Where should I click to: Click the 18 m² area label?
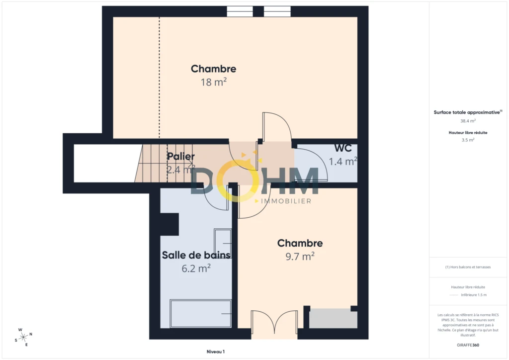(213, 82)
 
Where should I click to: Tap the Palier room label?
(181, 156)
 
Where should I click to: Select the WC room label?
(343, 148)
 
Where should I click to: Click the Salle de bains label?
(196, 255)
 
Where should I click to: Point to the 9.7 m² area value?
(300, 257)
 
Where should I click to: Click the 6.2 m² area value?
(196, 269)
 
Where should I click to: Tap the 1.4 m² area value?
(343, 161)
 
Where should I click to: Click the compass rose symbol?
(23, 337)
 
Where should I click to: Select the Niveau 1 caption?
(216, 352)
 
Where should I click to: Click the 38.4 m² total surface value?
(468, 121)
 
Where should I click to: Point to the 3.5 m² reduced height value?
(468, 140)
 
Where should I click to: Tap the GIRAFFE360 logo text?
(468, 345)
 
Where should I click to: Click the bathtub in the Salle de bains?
(201, 314)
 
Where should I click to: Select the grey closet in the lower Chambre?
(333, 319)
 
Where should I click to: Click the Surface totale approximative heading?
(468, 112)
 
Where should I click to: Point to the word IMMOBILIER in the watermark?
(286, 201)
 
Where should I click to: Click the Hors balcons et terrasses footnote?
(468, 267)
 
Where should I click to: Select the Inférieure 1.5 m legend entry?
(474, 295)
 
